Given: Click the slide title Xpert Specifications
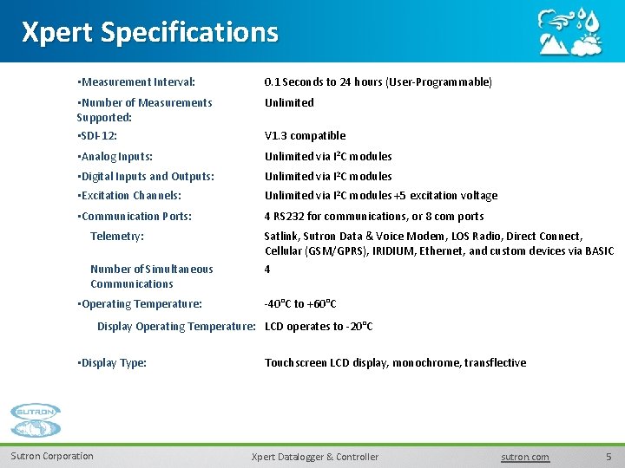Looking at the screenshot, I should click(149, 32).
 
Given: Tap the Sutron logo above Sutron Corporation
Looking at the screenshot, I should click(36, 422).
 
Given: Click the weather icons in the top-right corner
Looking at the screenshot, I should click(569, 32).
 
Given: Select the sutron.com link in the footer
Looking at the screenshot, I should click(525, 457).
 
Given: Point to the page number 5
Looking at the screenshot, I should click(609, 457).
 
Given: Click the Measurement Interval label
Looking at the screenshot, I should click(136, 82).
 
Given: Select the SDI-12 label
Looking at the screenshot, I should click(98, 136).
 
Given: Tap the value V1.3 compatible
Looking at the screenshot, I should click(305, 136).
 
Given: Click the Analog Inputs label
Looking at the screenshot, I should click(115, 157).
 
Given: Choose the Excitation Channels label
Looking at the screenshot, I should click(129, 196).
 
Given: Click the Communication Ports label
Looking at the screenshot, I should click(135, 217).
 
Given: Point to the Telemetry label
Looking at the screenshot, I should click(117, 237).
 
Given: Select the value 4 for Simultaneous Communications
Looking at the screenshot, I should click(267, 270).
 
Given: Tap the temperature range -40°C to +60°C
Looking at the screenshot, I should click(300, 304).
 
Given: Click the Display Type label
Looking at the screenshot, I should click(112, 363).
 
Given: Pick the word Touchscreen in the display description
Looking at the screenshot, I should click(296, 363).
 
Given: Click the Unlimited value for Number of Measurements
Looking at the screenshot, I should click(289, 103).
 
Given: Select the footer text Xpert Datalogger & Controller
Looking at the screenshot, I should click(314, 457).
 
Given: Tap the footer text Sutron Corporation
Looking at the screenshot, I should click(52, 457).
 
